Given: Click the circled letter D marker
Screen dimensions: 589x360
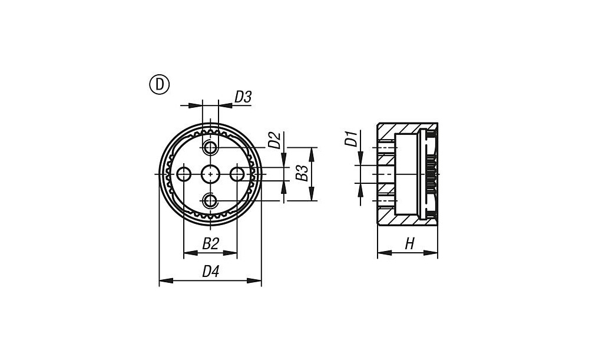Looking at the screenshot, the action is (160, 85).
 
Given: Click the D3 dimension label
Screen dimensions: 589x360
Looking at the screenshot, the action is (243, 97).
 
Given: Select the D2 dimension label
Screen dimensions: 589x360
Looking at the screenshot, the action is (274, 140).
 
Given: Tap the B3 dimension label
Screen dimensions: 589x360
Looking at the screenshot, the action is (302, 173).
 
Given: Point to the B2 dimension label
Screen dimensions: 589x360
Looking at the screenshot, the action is (210, 244).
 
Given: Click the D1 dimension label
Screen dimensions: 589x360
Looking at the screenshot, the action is (351, 138).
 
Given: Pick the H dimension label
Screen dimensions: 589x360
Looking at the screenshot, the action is (409, 244).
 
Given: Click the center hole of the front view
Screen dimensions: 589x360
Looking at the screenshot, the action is (210, 174).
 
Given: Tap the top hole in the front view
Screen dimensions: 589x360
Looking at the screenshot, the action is (210, 148).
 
